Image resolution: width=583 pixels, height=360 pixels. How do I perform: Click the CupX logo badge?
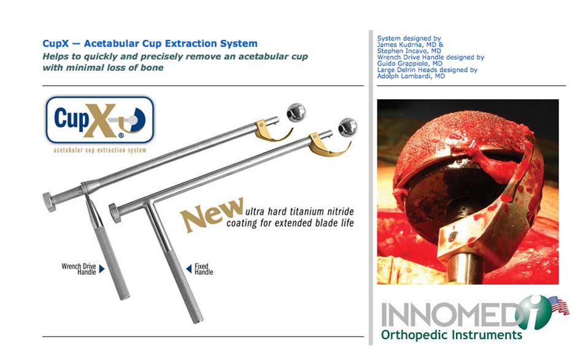coord(99,120)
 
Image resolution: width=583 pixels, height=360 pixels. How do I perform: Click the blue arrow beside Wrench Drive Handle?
coord(101,269)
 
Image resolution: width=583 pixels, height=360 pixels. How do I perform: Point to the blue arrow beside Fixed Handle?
coord(189,268)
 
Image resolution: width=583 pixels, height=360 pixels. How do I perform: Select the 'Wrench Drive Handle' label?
coord(79,269)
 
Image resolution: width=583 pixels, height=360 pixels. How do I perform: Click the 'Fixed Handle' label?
coord(204,269)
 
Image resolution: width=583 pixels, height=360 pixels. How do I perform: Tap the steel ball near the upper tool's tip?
coord(296,112)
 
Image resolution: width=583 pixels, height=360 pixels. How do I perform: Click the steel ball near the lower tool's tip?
coord(347,128)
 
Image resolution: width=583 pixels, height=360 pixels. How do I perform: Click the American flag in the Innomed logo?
coord(559,305)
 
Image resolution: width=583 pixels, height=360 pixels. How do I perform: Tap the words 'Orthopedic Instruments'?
coord(452,335)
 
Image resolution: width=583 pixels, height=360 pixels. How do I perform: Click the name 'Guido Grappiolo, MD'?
coord(410,64)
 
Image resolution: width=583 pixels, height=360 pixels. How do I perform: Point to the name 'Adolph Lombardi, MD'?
coord(411,76)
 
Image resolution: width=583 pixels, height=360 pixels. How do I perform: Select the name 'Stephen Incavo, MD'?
coord(409,51)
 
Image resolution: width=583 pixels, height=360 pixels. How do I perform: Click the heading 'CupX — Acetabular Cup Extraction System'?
coord(150,44)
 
